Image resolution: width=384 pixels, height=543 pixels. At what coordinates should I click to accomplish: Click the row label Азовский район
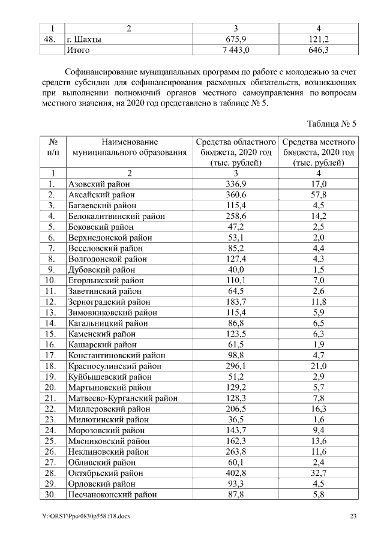click(x=100, y=184)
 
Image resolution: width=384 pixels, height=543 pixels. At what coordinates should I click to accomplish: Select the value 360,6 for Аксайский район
click(x=235, y=195)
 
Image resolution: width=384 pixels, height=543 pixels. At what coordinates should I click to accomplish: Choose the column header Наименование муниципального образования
click(x=130, y=148)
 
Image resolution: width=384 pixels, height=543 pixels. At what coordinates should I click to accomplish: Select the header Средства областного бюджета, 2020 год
click(x=236, y=152)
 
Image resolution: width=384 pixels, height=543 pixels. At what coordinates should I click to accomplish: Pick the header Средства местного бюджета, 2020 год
click(x=319, y=152)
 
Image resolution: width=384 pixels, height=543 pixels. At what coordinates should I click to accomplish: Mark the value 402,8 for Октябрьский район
click(x=235, y=473)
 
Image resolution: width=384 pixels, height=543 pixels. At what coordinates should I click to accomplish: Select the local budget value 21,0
click(x=319, y=366)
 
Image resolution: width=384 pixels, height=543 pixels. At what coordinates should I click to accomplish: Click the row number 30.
click(x=52, y=494)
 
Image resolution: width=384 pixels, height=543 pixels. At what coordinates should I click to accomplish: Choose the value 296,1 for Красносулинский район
click(x=235, y=366)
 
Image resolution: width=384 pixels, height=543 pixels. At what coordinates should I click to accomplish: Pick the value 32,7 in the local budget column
click(x=319, y=473)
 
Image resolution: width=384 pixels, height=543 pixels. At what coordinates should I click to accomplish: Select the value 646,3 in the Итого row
click(x=319, y=50)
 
